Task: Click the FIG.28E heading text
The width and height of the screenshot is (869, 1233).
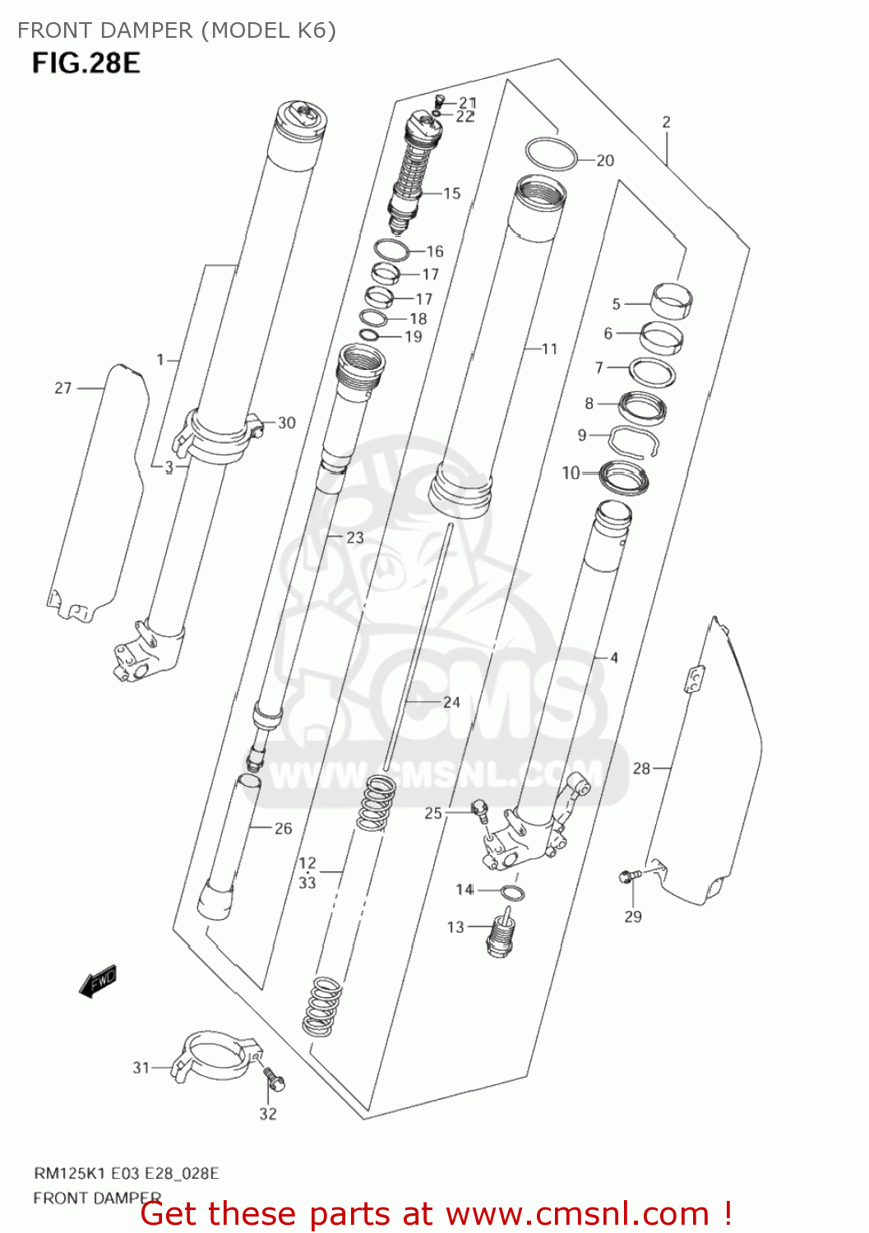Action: (x=86, y=62)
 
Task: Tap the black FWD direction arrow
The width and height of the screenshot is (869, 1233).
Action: (x=98, y=981)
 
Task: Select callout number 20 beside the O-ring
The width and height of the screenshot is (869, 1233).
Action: (x=605, y=160)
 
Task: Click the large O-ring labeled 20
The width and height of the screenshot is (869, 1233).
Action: (x=551, y=155)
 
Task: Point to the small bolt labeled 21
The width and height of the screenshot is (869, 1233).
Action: (x=438, y=101)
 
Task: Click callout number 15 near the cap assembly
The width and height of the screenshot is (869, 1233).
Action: (x=451, y=193)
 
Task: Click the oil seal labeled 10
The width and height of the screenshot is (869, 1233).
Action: (x=624, y=478)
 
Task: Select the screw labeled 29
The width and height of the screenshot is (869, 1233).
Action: (x=627, y=878)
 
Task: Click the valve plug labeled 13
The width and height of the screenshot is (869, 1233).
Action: (x=502, y=934)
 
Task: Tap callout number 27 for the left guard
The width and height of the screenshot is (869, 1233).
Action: (x=63, y=388)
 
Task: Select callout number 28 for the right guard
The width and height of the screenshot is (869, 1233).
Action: (x=641, y=769)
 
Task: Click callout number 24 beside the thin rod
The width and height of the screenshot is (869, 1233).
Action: (x=451, y=702)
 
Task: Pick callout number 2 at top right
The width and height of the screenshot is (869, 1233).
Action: (x=666, y=122)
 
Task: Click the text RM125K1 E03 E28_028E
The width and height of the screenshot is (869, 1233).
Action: (x=126, y=1173)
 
